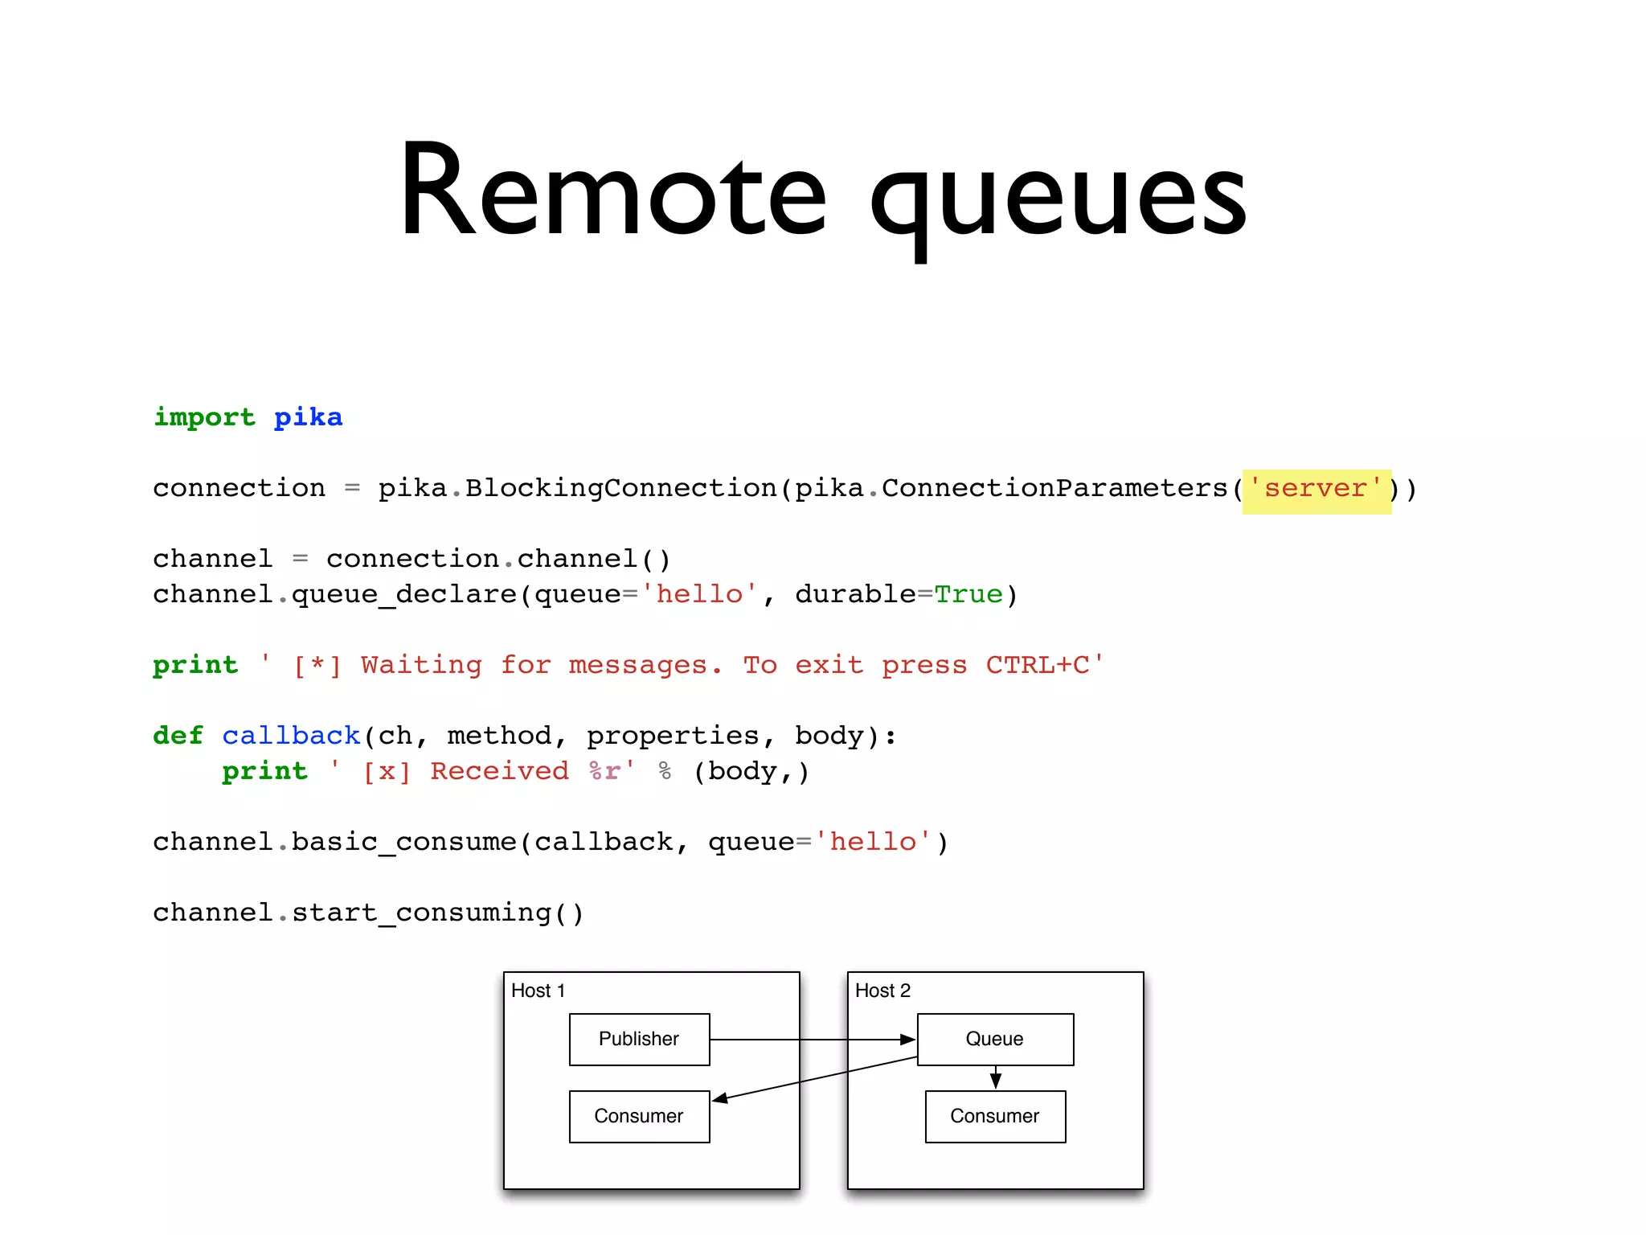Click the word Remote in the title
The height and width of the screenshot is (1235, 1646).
click(x=612, y=193)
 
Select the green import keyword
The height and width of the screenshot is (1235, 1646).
click(x=204, y=417)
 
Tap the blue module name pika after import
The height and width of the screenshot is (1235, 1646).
click(x=308, y=417)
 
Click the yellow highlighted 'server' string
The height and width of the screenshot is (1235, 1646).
click(x=1316, y=489)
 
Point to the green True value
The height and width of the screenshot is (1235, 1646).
click(x=968, y=595)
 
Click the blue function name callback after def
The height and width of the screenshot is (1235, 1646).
click(x=291, y=736)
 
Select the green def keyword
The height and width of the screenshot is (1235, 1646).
click(x=178, y=736)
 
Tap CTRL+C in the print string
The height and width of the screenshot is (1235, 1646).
click(x=1038, y=665)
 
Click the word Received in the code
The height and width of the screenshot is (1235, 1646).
click(x=499, y=771)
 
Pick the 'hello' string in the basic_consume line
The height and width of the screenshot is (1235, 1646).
click(x=873, y=842)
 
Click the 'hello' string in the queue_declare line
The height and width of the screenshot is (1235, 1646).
click(x=699, y=595)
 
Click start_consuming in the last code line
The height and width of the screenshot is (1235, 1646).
click(x=421, y=913)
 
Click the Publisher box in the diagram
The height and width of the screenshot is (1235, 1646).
click(x=639, y=1039)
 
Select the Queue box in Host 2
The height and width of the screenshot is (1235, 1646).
click(x=995, y=1039)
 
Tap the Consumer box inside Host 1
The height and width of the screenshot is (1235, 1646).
click(x=639, y=1116)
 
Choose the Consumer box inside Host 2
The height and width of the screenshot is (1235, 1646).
click(x=995, y=1116)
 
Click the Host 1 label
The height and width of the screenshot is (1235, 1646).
click(x=538, y=991)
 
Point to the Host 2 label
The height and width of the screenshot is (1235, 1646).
click(x=882, y=991)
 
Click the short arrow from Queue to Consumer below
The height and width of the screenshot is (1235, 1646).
click(x=996, y=1077)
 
